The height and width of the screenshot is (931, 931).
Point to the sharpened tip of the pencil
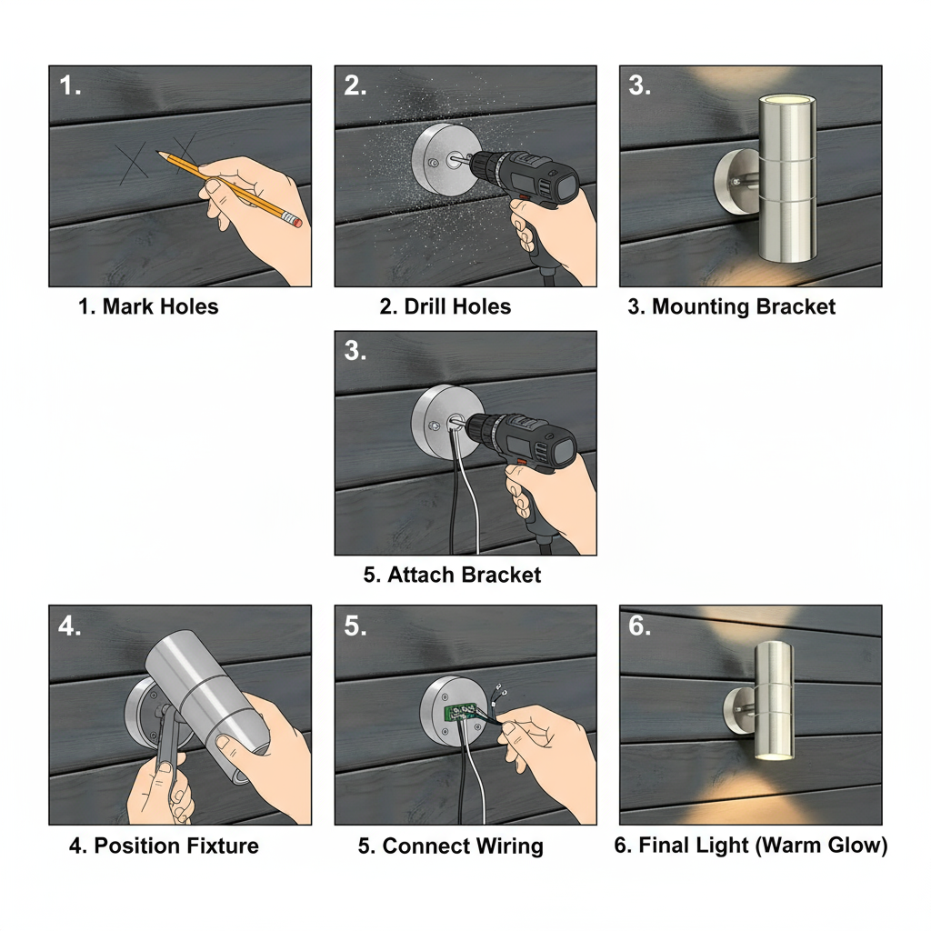(x=159, y=155)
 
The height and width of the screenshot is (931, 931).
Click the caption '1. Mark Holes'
(x=148, y=306)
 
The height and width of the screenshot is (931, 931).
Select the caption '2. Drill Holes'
(x=445, y=306)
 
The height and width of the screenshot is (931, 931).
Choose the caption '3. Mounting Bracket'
(x=731, y=306)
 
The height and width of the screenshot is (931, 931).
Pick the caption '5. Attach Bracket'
(x=452, y=575)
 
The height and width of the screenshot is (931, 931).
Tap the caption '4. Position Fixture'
(x=164, y=846)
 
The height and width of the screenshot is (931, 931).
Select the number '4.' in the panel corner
(x=70, y=626)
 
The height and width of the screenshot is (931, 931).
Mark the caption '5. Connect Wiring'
(x=450, y=846)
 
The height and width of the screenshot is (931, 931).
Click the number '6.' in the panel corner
(x=640, y=626)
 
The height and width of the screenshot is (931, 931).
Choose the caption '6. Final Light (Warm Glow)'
(x=750, y=846)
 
